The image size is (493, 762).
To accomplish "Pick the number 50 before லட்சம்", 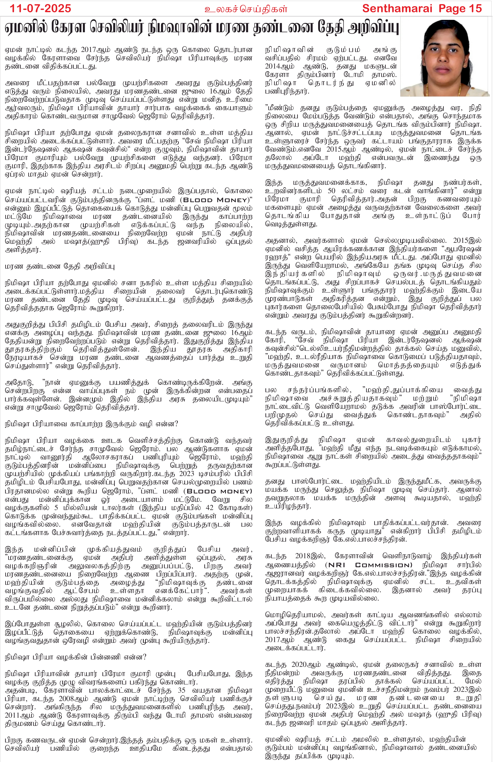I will pyautogui.click(x=332, y=191).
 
